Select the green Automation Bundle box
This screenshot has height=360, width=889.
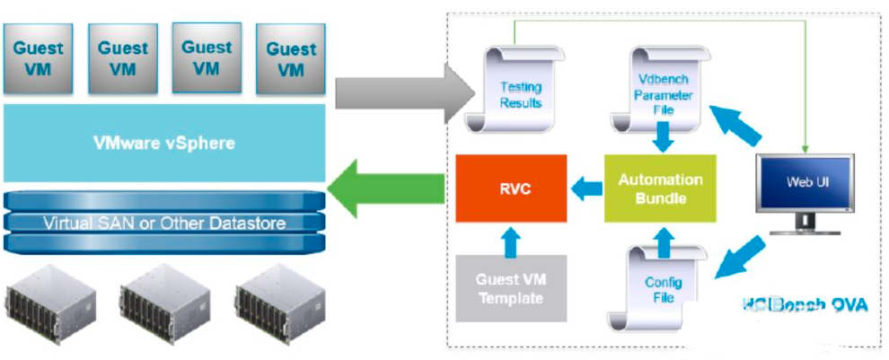[x=661, y=188]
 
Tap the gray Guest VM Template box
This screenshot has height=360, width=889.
[x=511, y=287]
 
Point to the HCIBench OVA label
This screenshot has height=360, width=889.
[x=805, y=305]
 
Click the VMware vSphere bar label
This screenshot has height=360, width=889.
[x=164, y=143]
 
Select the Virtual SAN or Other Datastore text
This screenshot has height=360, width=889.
[x=163, y=220]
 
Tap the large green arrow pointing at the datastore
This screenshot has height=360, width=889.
[x=386, y=188]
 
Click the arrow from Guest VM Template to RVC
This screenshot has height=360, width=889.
[x=511, y=240]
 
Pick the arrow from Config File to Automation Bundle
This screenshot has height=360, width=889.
[x=662, y=240]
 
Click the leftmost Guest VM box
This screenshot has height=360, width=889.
[x=39, y=58]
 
